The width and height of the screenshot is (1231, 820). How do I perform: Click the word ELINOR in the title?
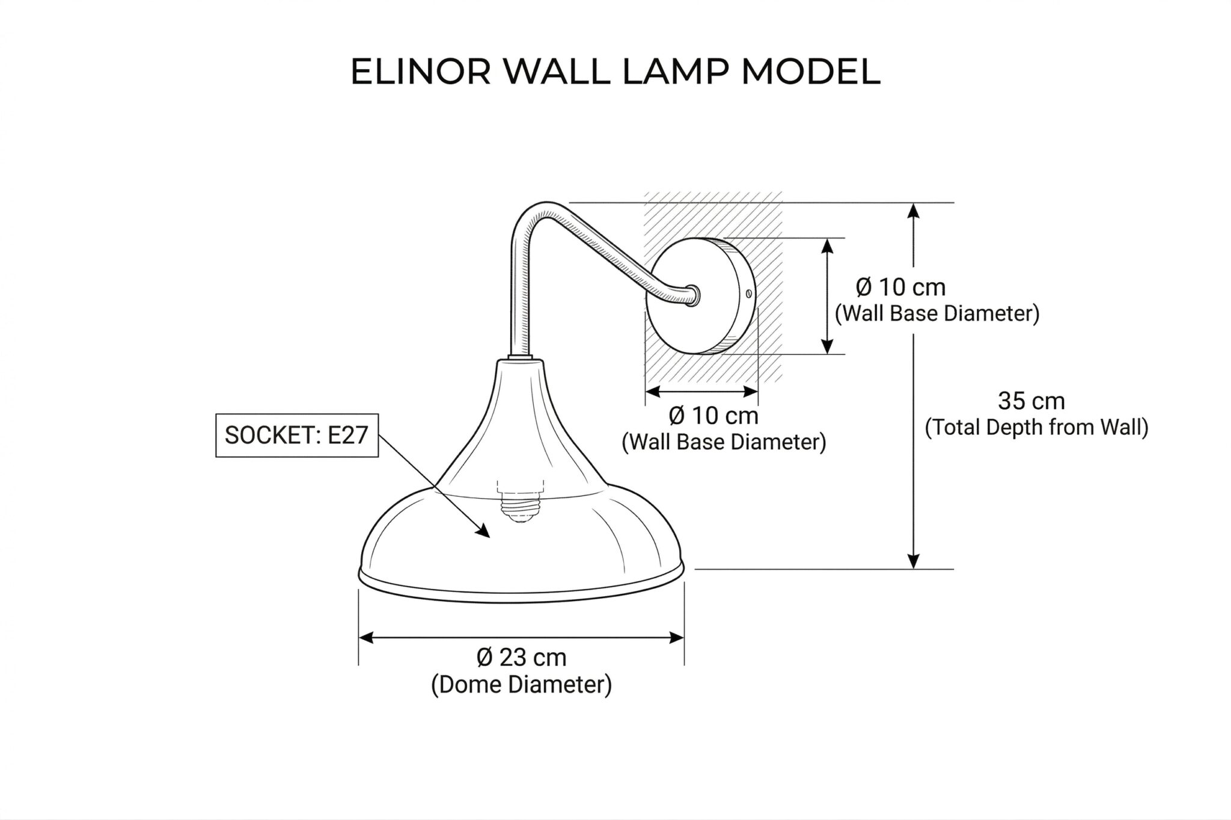[420, 72]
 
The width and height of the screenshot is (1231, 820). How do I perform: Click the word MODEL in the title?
[811, 72]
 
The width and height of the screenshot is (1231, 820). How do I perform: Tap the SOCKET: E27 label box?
[297, 435]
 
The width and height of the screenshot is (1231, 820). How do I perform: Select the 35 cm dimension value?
[1031, 401]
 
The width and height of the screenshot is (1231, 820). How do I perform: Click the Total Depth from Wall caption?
[1037, 427]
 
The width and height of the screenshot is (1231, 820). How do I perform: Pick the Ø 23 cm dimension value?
[522, 658]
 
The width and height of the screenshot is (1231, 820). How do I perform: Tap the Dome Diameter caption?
[522, 685]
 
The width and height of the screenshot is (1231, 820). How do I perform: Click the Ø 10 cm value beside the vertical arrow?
[900, 288]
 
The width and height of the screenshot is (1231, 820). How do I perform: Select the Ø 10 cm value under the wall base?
[713, 416]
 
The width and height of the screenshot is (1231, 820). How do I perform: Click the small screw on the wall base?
[748, 294]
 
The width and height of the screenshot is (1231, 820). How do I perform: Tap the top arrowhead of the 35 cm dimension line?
[914, 211]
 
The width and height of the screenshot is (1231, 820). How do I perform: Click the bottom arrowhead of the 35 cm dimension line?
[914, 560]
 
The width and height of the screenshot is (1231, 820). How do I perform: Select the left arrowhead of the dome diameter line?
[367, 638]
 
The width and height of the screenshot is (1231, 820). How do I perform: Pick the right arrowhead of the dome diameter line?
[676, 638]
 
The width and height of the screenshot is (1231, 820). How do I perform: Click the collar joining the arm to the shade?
[521, 359]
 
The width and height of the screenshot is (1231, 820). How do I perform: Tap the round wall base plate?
[701, 295]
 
